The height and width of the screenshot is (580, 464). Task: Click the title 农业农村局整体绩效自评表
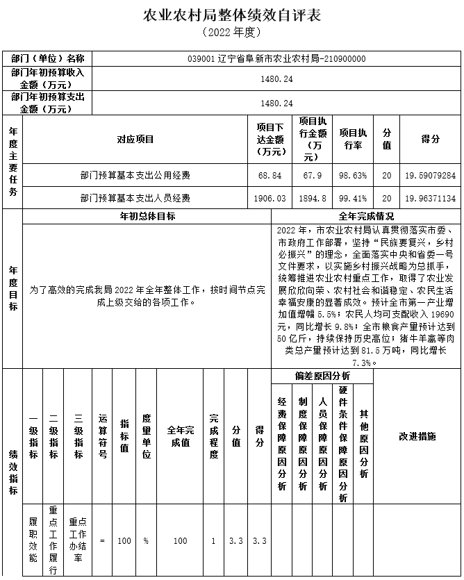(x=231, y=15)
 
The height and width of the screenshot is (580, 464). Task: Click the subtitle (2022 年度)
(x=231, y=33)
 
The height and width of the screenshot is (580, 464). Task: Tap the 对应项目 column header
(x=135, y=139)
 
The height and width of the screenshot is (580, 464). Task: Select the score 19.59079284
(x=430, y=176)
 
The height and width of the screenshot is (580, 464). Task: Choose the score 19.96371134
(x=430, y=198)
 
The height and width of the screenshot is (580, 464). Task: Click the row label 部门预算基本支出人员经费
(x=135, y=198)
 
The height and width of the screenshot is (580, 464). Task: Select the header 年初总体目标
(x=147, y=216)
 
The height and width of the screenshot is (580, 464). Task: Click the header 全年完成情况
(x=366, y=216)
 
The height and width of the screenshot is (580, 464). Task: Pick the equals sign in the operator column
(x=103, y=540)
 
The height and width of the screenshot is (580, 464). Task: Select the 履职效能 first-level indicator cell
(x=33, y=540)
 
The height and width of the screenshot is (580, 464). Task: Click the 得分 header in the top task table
(x=430, y=139)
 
